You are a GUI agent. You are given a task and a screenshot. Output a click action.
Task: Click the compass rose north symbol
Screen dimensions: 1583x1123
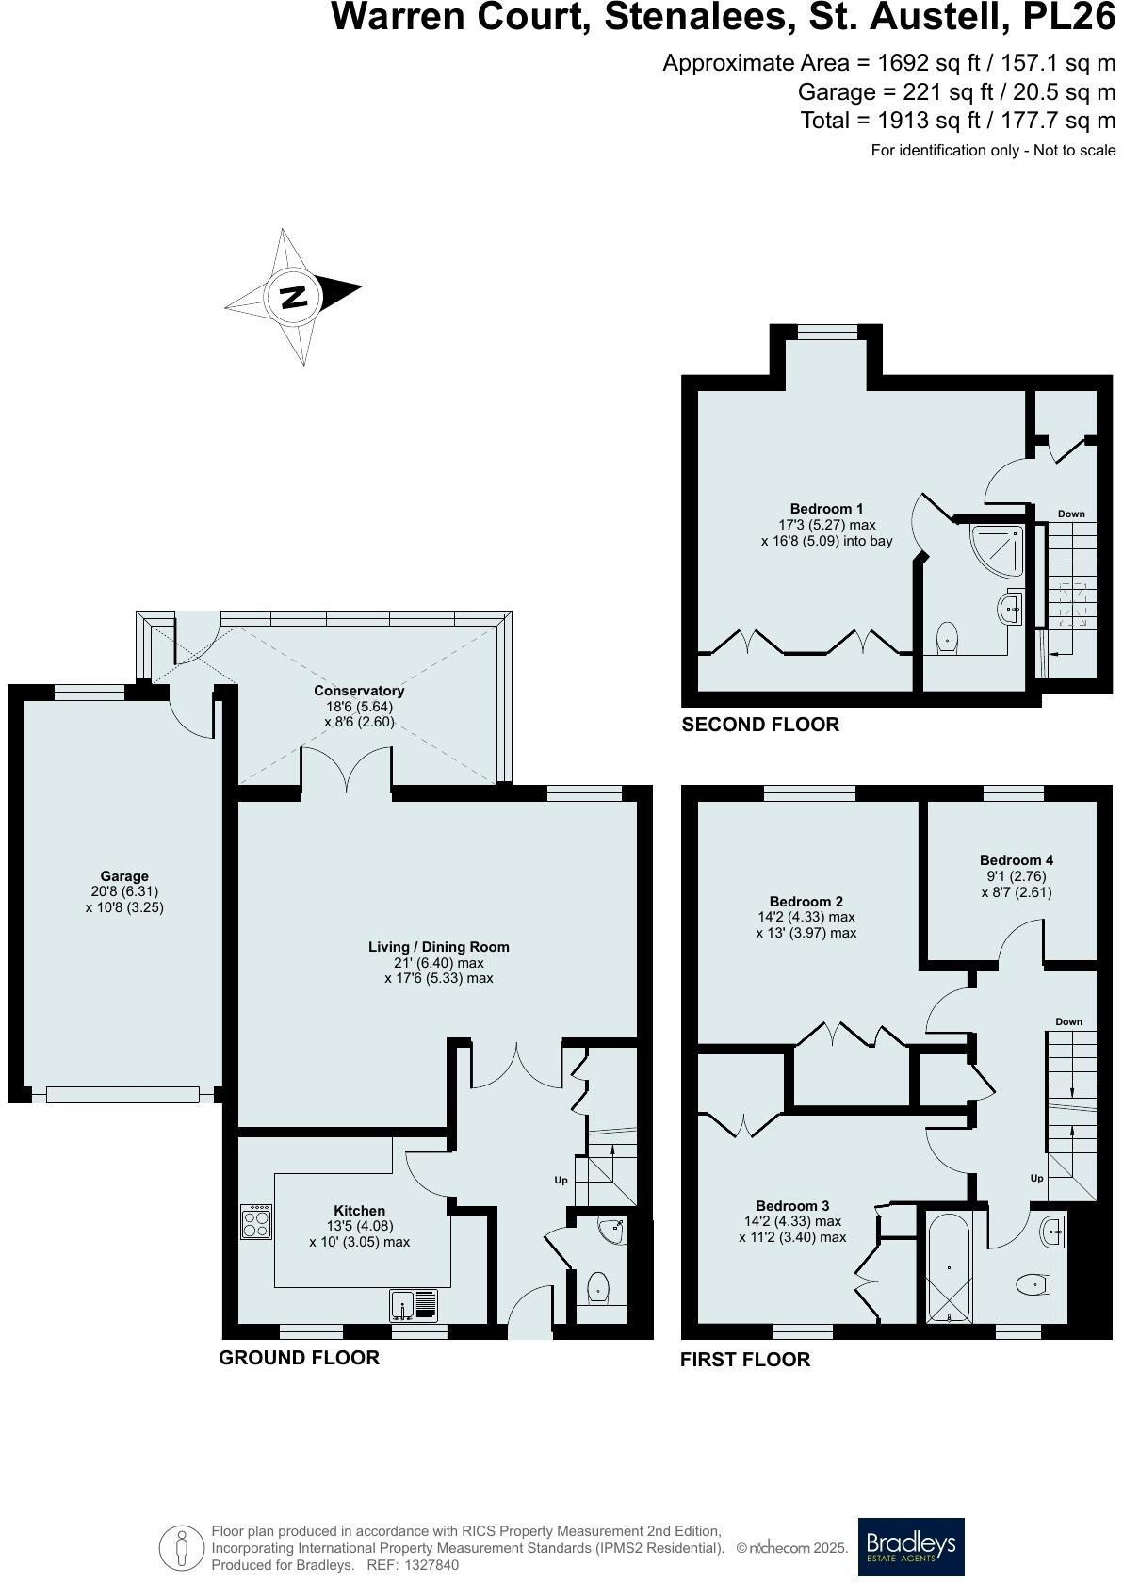[294, 297]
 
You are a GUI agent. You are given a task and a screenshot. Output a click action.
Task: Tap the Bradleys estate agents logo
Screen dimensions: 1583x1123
[910, 1546]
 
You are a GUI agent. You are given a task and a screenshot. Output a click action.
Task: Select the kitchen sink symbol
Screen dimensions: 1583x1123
[414, 1304]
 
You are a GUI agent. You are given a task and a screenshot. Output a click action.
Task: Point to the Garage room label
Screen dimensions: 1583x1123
[124, 876]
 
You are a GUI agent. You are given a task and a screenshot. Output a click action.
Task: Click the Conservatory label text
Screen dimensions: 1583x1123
[359, 691]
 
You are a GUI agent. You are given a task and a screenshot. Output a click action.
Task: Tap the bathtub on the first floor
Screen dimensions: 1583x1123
[948, 1268]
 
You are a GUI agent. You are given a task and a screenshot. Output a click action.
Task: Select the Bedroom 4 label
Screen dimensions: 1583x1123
[1016, 859]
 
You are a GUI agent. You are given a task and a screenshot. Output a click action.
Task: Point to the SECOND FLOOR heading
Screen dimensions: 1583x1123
[759, 725]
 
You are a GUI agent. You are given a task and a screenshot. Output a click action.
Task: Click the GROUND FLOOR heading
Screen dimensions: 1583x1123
[299, 1357]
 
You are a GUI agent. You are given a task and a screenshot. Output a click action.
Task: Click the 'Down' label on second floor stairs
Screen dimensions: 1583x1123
[1071, 514]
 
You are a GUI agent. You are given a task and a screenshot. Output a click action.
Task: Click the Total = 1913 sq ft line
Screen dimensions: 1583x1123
[957, 120]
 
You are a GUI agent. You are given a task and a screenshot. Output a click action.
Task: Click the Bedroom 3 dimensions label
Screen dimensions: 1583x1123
[792, 1229]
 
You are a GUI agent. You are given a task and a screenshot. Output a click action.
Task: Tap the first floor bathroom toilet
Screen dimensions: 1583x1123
[1033, 1282]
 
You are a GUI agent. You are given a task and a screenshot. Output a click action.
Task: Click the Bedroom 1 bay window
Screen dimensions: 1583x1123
[827, 331]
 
